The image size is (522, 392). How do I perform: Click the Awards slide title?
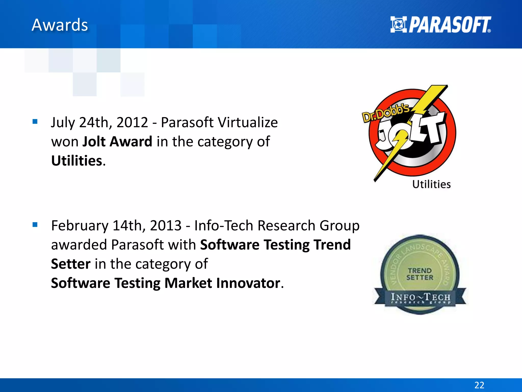(x=60, y=25)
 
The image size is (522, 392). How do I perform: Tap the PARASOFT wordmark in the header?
(x=450, y=25)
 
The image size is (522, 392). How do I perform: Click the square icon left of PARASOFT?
(x=398, y=24)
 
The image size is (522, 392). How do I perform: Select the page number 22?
(x=479, y=385)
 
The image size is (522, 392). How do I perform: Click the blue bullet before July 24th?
(x=35, y=121)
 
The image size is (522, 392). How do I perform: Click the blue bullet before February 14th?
(x=35, y=225)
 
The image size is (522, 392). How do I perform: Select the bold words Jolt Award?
(x=117, y=142)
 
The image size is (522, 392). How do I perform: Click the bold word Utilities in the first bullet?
(x=76, y=161)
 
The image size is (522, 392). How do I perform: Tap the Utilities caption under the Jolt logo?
(x=432, y=184)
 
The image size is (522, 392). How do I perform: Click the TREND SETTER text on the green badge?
(x=420, y=274)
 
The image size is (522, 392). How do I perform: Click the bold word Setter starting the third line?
(x=71, y=264)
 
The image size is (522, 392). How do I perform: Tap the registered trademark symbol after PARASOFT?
(x=489, y=31)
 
